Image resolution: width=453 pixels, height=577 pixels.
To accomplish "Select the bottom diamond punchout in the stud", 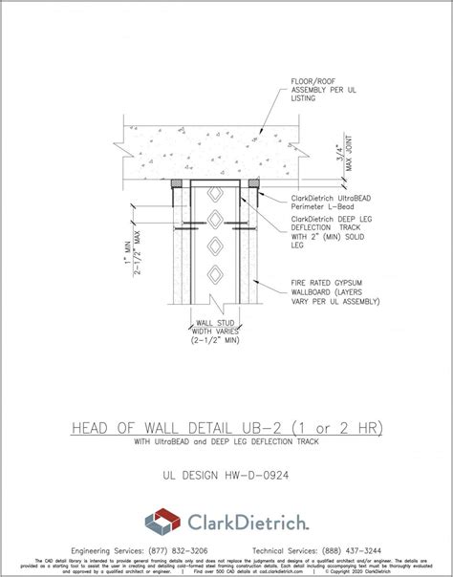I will point(216,276).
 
